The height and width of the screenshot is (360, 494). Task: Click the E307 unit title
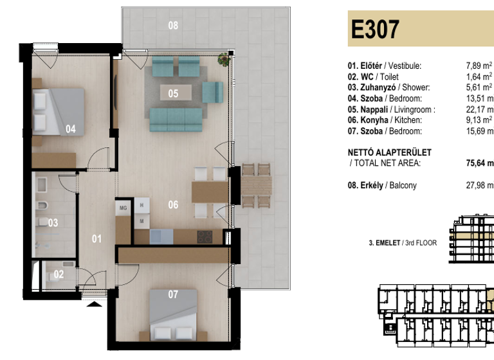click(376, 29)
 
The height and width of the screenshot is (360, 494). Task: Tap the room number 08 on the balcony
click(173, 26)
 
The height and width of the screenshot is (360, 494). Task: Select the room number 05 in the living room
click(173, 93)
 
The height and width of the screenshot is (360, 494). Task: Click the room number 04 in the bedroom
click(70, 129)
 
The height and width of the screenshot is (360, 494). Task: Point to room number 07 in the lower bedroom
click(172, 295)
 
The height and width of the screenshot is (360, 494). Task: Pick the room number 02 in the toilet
click(59, 274)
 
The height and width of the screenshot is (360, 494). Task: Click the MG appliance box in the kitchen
click(122, 208)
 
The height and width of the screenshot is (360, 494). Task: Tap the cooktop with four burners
click(205, 236)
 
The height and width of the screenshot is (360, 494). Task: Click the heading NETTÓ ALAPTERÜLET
click(389, 152)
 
